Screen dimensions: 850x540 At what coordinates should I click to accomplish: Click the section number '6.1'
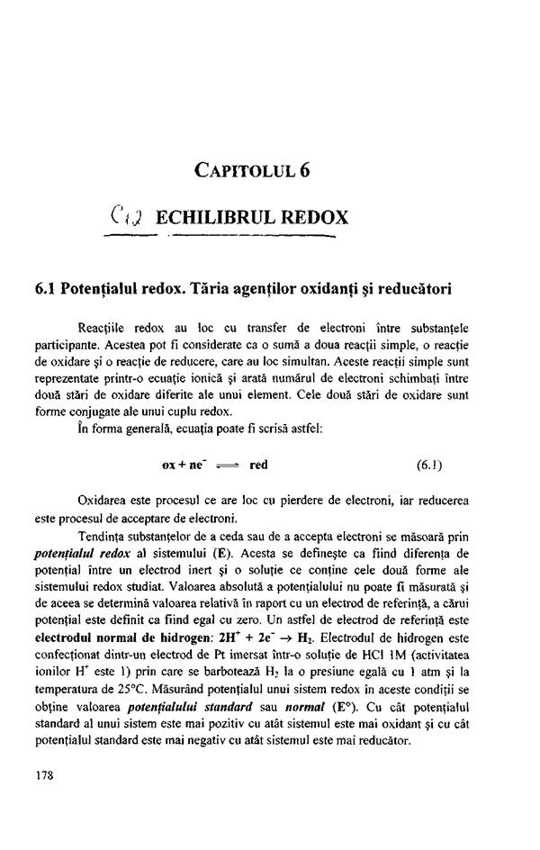click(x=41, y=290)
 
